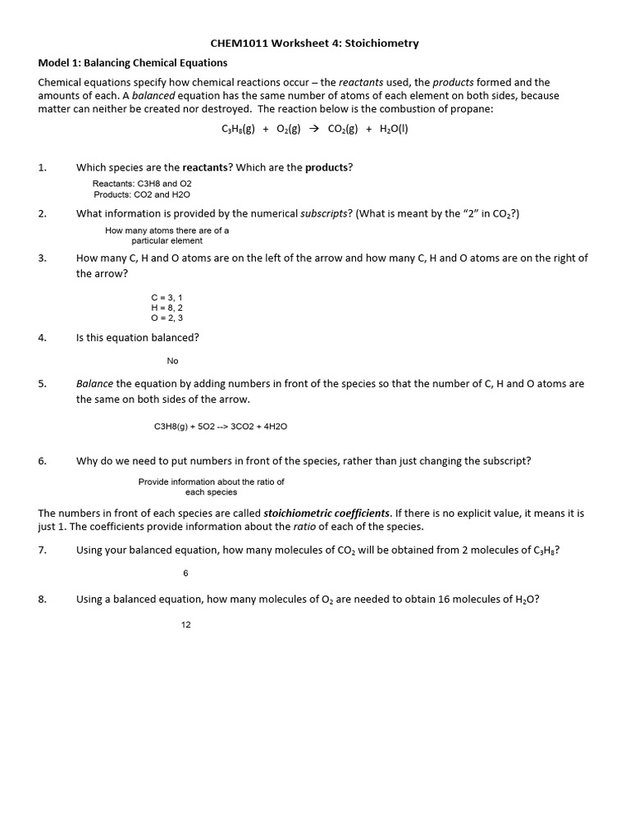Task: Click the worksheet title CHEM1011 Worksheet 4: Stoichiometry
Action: [x=315, y=43]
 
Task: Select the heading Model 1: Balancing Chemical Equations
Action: [x=133, y=62]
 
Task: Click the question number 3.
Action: [x=42, y=258]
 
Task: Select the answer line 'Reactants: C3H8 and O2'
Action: [x=142, y=184]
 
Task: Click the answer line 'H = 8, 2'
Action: [x=167, y=308]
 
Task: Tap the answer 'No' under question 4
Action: [x=172, y=361]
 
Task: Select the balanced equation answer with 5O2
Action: [x=221, y=427]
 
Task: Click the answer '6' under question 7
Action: [x=186, y=573]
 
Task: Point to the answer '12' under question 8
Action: [x=186, y=625]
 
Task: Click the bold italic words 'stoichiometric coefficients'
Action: [x=326, y=513]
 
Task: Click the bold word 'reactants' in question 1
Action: [x=205, y=167]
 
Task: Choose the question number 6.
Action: [x=42, y=461]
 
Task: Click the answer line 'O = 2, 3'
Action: [x=167, y=317]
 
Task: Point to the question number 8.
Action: [x=42, y=599]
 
